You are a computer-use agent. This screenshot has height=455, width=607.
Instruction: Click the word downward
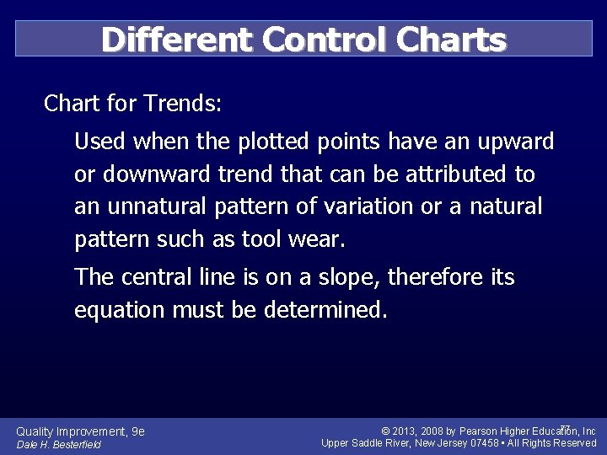coord(160,174)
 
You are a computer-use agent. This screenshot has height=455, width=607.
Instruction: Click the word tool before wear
coord(261,239)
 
